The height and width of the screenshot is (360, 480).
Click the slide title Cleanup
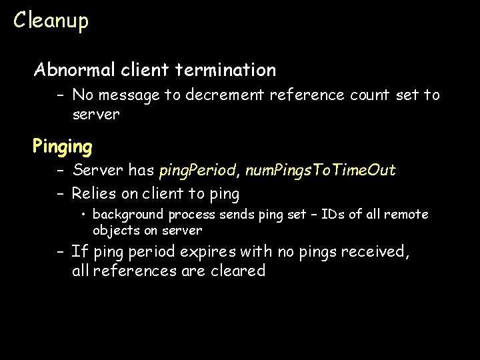(51, 21)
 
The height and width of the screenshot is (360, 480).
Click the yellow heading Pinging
(63, 145)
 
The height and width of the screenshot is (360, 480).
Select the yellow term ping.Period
(197, 171)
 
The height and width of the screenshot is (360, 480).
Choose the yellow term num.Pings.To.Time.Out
(320, 171)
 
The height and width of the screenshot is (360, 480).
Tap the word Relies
(95, 194)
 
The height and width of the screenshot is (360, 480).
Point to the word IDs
(331, 214)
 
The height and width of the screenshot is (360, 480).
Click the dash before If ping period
(60, 252)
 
